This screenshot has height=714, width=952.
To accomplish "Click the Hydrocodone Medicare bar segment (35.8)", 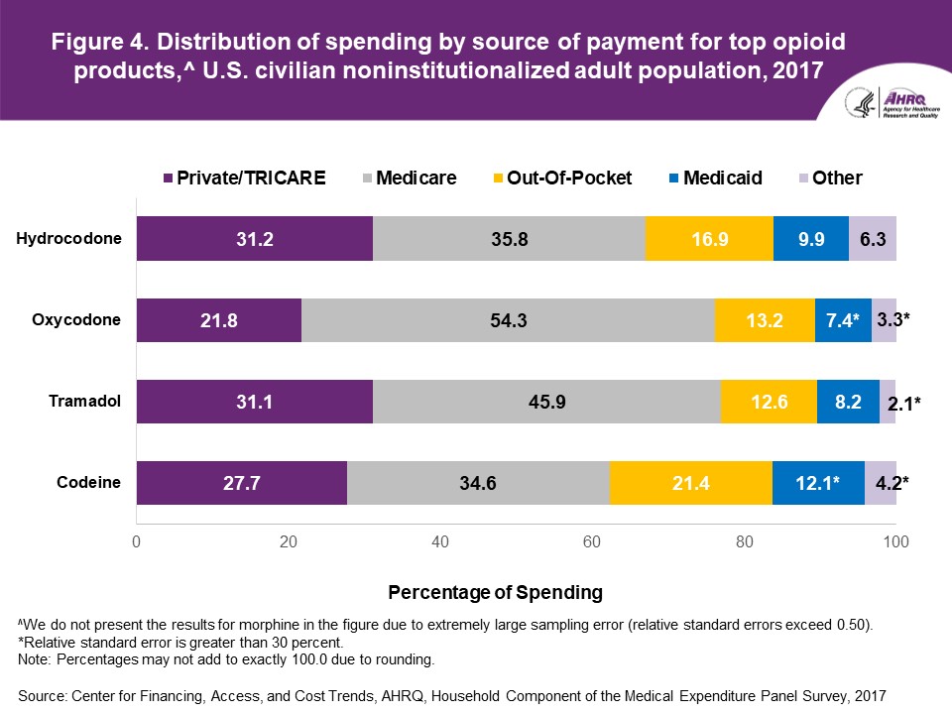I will (x=509, y=238).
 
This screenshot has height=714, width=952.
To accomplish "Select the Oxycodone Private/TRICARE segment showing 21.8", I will (x=219, y=319).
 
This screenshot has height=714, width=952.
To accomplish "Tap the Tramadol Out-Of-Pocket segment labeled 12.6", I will (x=769, y=402).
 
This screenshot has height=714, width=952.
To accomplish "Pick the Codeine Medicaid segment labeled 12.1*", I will (x=818, y=483).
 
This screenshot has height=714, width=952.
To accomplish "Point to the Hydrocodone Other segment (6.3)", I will (x=873, y=238).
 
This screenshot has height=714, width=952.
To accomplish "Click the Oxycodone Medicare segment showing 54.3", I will (x=508, y=319).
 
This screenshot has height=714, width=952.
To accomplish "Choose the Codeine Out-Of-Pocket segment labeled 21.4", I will (x=691, y=483).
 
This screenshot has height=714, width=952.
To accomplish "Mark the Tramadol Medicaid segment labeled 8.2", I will (x=848, y=402).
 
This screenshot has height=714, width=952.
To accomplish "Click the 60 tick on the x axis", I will (x=593, y=541).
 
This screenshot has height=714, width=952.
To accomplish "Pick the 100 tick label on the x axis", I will (x=896, y=541).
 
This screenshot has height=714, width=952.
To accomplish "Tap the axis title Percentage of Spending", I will (x=495, y=592).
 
